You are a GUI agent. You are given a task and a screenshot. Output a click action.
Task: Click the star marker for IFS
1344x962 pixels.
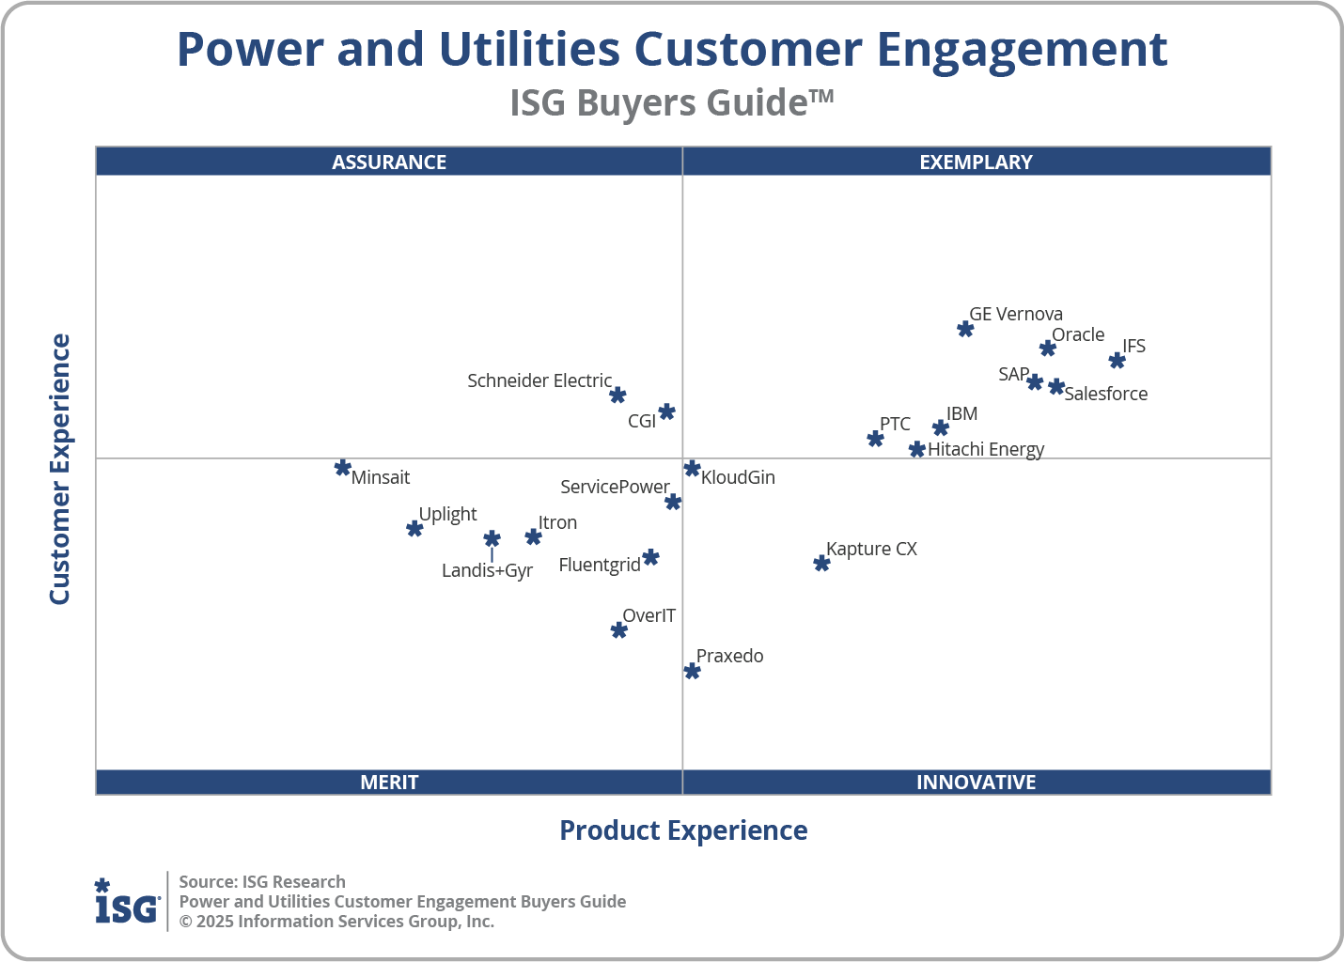1117,361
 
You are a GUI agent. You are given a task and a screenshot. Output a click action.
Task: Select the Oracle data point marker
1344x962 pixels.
1048,349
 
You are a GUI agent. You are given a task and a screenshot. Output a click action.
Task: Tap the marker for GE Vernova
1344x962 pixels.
965,329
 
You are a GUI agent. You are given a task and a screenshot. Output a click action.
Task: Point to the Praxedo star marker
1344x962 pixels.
692,671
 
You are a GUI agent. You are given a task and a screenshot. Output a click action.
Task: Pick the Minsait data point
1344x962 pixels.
343,468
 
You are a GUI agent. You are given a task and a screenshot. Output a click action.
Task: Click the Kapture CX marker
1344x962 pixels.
821,564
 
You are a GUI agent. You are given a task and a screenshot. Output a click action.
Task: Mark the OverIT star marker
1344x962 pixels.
618,630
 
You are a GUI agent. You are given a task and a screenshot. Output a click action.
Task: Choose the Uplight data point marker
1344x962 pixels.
414,529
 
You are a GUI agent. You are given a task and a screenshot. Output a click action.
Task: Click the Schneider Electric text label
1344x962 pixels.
539,380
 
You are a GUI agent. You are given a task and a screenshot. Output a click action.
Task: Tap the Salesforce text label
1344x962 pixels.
1105,394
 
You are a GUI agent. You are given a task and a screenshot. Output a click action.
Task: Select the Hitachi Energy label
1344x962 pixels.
986,449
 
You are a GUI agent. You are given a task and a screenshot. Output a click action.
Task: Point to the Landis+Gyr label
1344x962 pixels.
487,570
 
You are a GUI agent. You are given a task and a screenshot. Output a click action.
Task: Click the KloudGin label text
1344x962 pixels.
738,477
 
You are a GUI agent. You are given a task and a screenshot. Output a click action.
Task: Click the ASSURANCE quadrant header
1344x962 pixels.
389,162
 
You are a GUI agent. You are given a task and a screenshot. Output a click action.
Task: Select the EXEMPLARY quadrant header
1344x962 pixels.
976,162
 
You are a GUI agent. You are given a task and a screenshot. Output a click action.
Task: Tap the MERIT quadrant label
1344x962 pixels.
389,782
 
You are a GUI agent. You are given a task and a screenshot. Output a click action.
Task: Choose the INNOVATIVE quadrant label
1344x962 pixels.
976,782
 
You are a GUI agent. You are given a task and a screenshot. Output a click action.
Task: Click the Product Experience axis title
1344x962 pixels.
683,830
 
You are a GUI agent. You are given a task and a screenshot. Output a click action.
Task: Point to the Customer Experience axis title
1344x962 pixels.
60,470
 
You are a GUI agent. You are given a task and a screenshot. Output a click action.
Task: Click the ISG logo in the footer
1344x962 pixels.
127,902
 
